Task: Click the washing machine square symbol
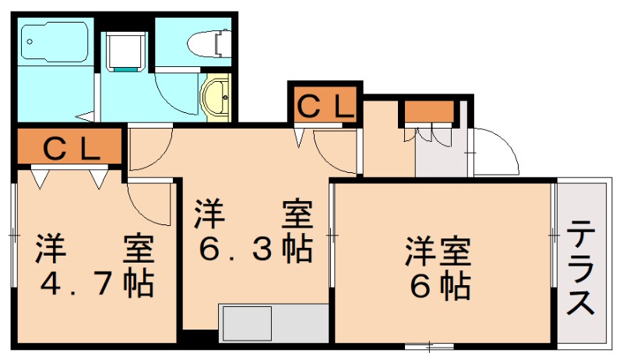click(x=125, y=51)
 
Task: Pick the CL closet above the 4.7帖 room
click(x=70, y=148)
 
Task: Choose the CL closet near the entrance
click(x=322, y=104)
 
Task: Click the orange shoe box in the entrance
click(x=428, y=113)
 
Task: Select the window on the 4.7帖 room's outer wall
click(x=13, y=234)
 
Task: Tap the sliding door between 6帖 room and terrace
click(x=554, y=234)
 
